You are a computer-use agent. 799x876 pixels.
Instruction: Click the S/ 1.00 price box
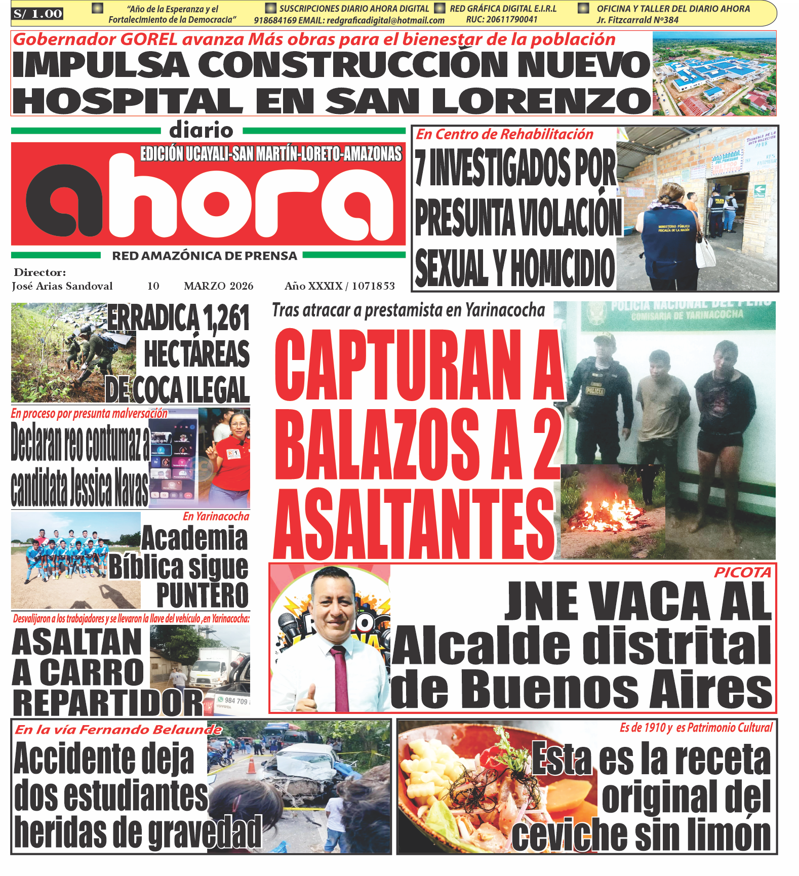pos(37,14)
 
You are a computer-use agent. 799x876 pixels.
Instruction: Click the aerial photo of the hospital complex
pos(714,73)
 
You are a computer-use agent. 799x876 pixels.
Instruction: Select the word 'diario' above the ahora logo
pos(201,130)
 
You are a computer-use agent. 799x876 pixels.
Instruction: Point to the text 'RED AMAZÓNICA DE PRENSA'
pos(205,256)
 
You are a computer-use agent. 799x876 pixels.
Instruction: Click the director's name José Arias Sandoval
pos(62,286)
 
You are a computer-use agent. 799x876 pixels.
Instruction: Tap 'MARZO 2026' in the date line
pos(218,286)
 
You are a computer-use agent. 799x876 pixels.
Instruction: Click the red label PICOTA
pos(742,573)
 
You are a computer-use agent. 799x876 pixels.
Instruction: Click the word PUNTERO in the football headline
pos(202,595)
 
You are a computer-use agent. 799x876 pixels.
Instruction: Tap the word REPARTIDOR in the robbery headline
pos(107,703)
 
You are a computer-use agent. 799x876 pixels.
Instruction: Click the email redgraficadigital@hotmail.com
pos(385,21)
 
